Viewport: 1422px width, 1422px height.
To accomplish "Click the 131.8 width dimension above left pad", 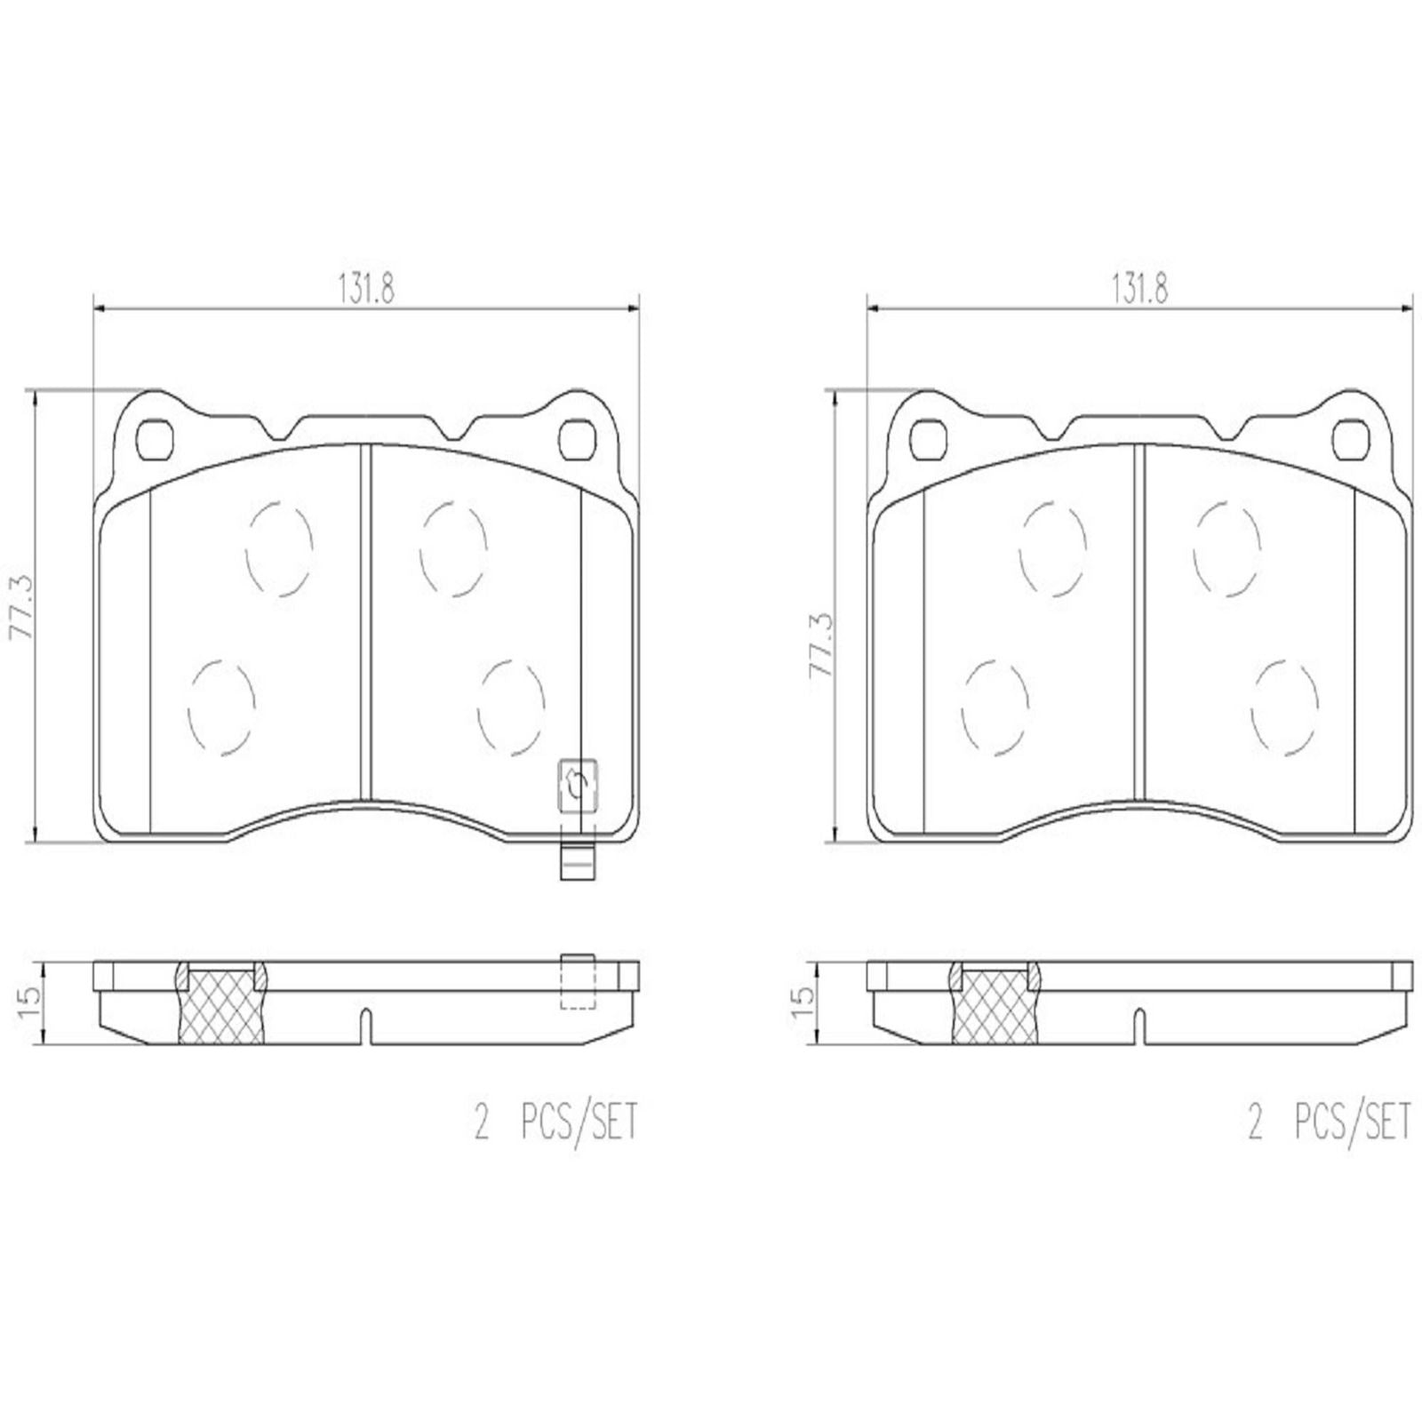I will tap(365, 288).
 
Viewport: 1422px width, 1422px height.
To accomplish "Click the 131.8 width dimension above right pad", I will tap(1138, 288).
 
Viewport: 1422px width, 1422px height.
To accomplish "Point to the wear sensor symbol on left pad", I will tap(577, 785).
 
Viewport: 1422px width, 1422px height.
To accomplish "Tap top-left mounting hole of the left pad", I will tap(157, 437).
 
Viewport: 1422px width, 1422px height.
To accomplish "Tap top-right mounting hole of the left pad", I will tap(578, 437).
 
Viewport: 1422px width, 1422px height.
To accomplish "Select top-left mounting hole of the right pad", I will tap(931, 437).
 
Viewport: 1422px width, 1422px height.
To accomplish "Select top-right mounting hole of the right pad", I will tap(1351, 437).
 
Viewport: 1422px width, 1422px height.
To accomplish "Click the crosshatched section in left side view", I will tap(221, 1009).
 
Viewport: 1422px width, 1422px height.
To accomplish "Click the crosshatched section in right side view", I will tap(995, 1009).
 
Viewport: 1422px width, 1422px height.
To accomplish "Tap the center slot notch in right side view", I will tap(1140, 1027).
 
